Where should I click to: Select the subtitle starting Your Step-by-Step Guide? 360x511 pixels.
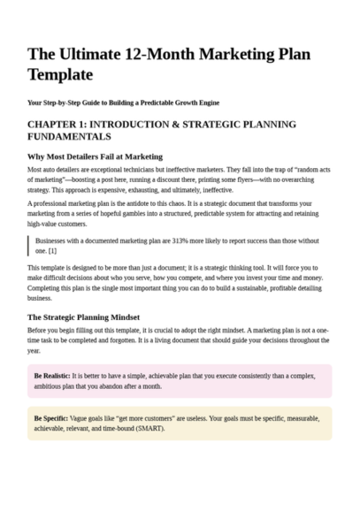(123, 103)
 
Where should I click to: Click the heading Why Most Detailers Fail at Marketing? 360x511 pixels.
(95, 156)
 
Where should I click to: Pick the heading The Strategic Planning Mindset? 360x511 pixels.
(83, 317)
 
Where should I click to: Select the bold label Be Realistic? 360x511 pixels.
(51, 376)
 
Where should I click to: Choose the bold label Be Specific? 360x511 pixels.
(50, 417)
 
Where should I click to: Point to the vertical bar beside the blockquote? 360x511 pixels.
(28, 245)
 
